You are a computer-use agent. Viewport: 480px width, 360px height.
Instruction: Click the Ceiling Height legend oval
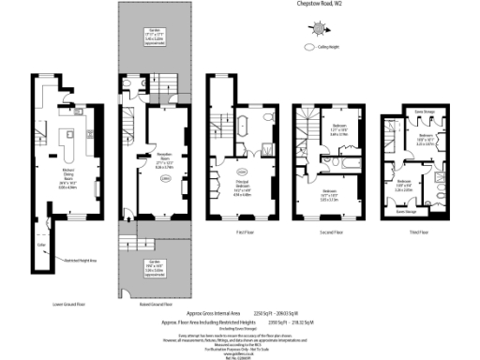coord(310,46)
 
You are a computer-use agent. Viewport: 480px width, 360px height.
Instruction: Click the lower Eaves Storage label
coord(406,213)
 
